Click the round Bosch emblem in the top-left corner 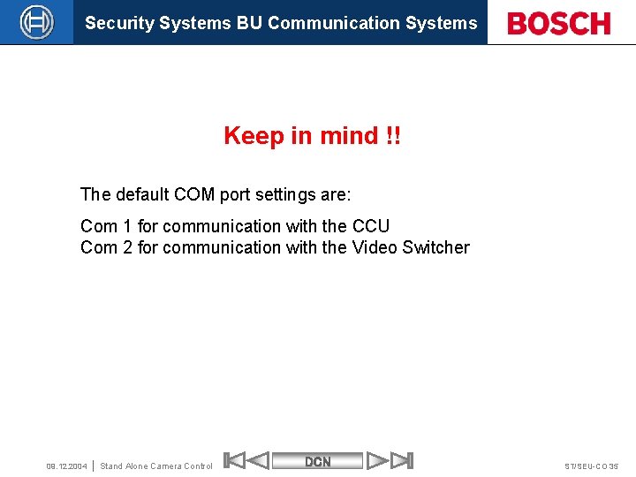[x=36, y=22]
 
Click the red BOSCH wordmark [x=559, y=24]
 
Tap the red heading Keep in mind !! [x=312, y=136]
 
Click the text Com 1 [x=106, y=226]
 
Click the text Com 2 [x=106, y=247]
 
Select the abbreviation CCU [x=370, y=226]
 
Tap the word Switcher [x=435, y=247]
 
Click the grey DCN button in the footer [x=318, y=461]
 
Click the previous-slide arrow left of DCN [x=256, y=461]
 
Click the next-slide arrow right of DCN [x=379, y=461]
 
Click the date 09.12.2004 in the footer [x=67, y=466]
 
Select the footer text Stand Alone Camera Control [x=156, y=466]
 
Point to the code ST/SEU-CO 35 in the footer [x=592, y=466]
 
